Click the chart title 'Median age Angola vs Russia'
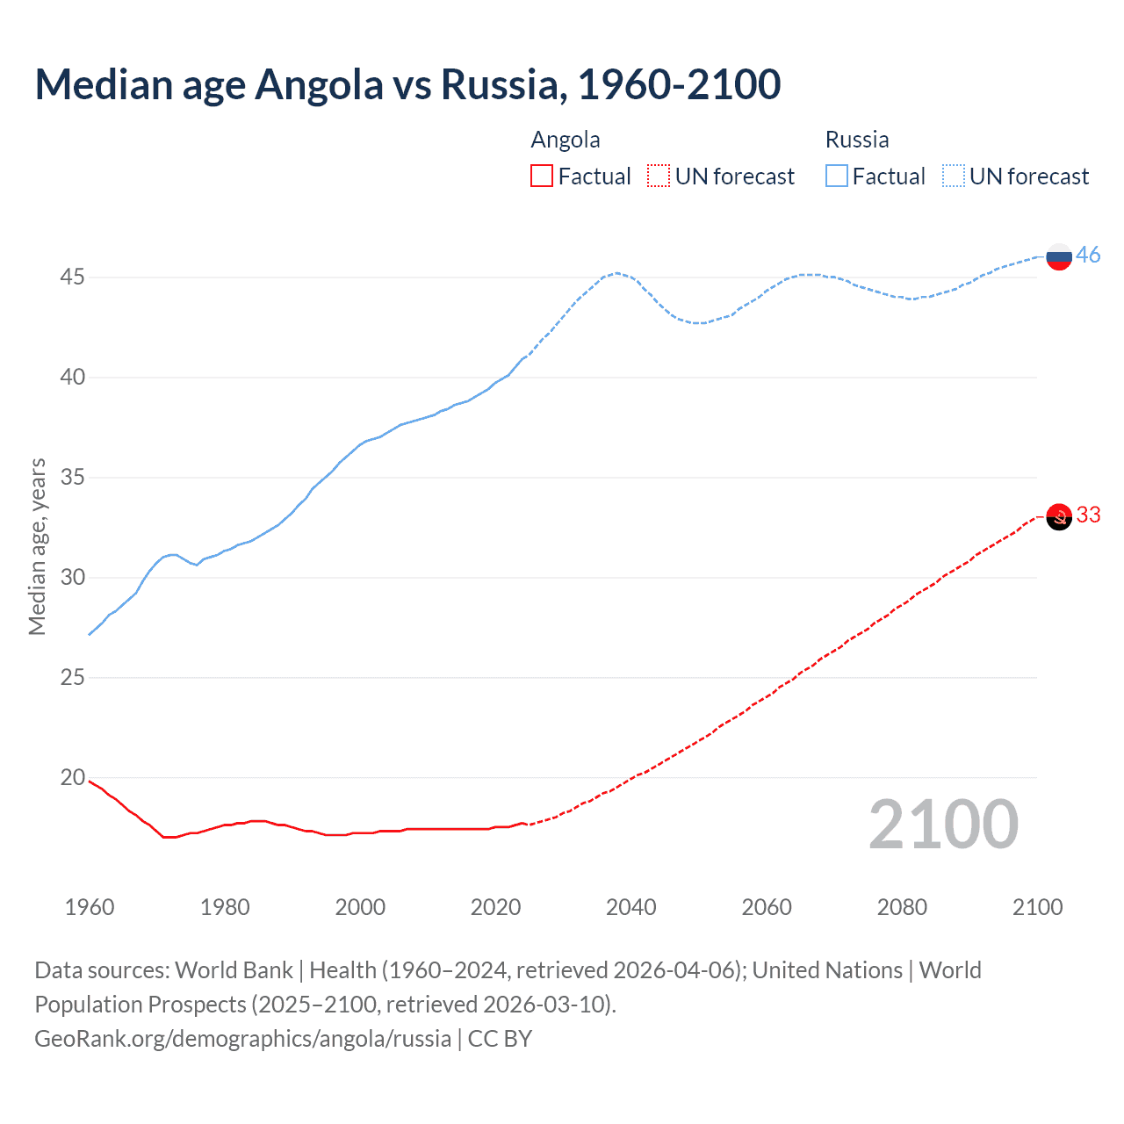(407, 84)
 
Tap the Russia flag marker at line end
(1059, 256)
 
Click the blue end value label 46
(1088, 255)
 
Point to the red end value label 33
(1088, 515)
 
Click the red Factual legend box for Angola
(542, 177)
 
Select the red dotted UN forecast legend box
(659, 177)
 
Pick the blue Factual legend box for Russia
(836, 177)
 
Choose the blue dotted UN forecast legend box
(953, 177)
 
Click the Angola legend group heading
(566, 140)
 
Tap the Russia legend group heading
(857, 140)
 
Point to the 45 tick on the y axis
(72, 277)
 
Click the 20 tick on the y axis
(72, 777)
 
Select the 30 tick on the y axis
(72, 577)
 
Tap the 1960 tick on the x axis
(90, 907)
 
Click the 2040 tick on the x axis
(630, 907)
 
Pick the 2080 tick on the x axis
(902, 907)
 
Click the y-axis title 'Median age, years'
(37, 546)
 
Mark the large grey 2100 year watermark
(943, 825)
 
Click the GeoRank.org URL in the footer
(242, 1039)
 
